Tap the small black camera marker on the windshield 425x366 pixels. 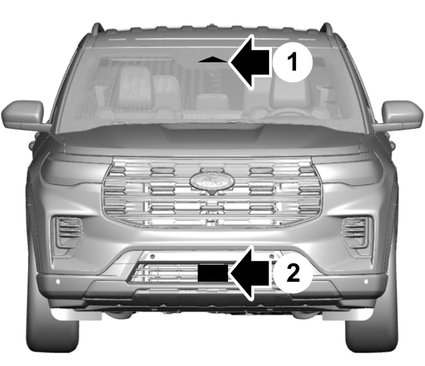(214, 61)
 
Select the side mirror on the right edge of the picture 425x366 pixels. (402, 114)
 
